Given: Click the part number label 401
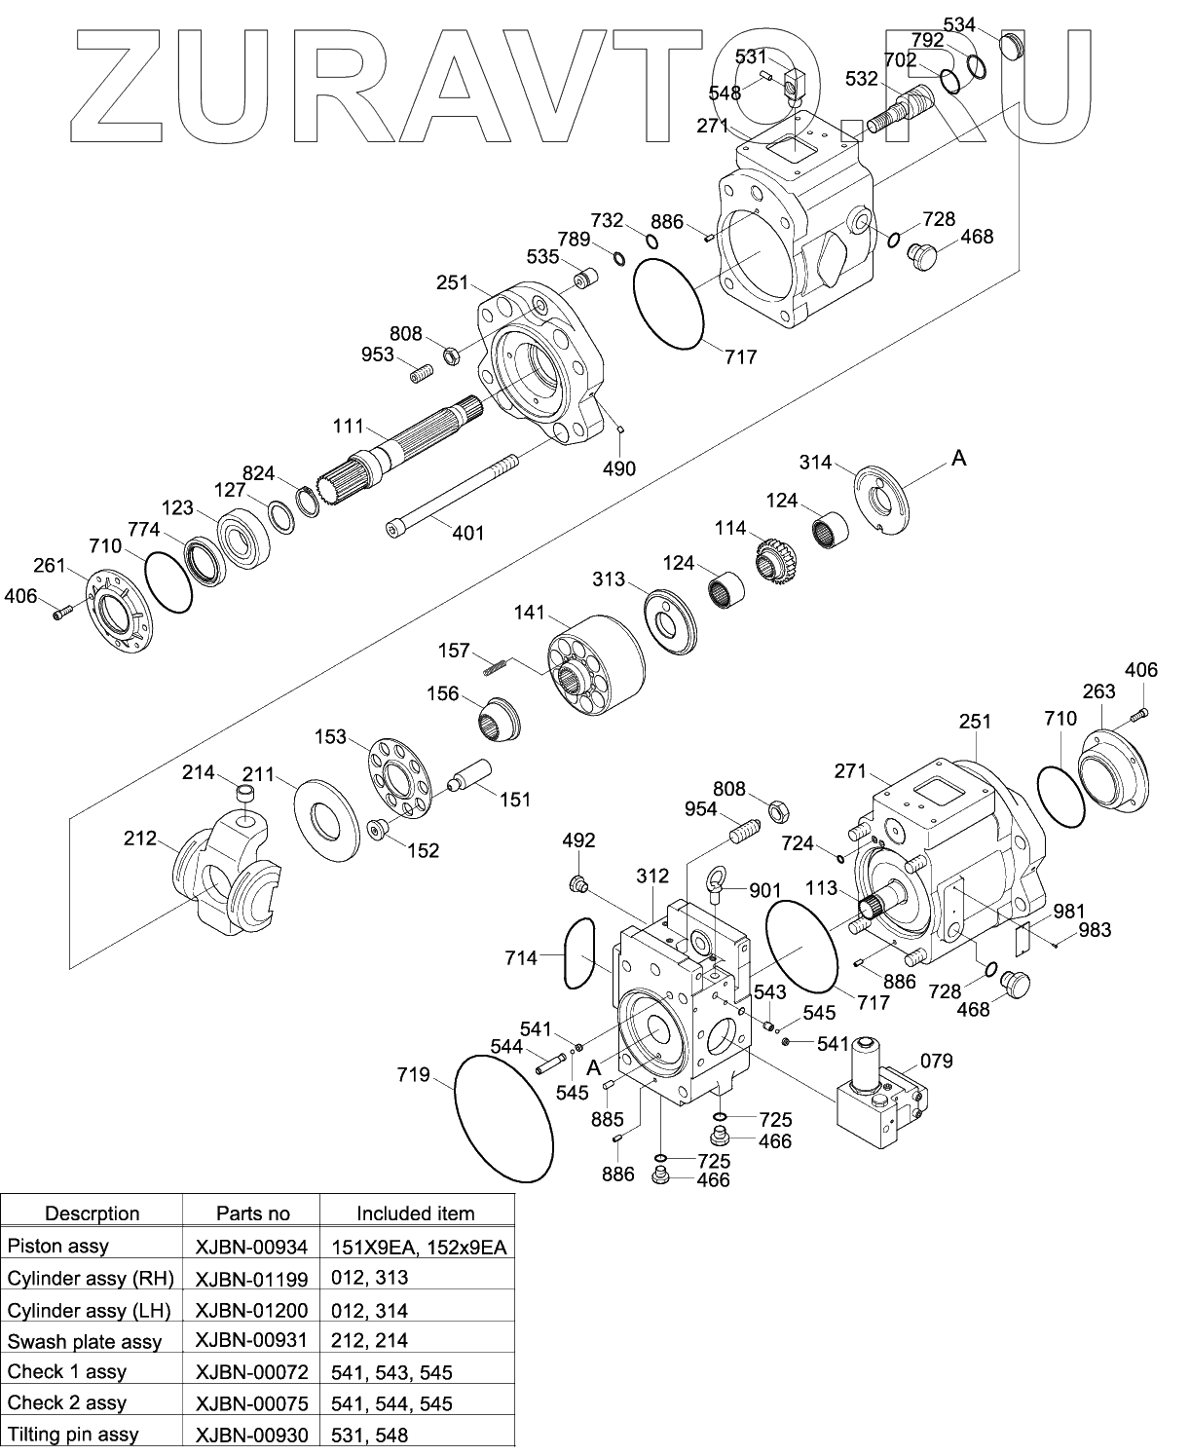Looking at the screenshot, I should (468, 533).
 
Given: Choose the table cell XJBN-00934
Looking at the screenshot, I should (251, 1247).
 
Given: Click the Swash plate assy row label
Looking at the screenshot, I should (85, 1341).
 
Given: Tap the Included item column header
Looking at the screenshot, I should (415, 1213).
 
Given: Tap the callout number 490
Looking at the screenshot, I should (619, 468).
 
